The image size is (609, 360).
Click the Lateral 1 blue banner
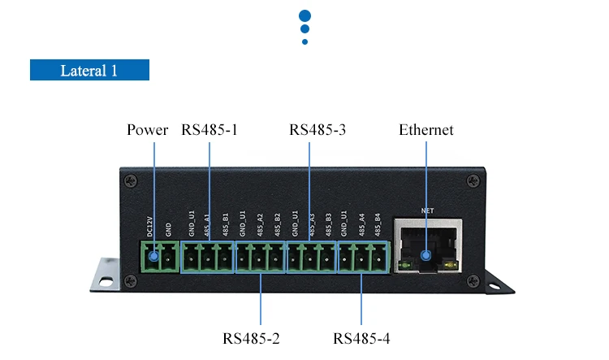(x=89, y=70)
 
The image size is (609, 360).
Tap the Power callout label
(x=148, y=130)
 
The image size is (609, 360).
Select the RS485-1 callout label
(x=209, y=130)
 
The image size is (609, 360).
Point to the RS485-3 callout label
(x=317, y=130)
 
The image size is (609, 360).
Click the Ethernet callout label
(x=426, y=130)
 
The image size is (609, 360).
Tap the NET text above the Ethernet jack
(x=428, y=210)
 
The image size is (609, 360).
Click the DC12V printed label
(x=150, y=226)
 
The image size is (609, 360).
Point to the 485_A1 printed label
(x=209, y=224)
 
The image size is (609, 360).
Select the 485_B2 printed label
(x=278, y=224)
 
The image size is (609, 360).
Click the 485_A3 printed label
(x=312, y=224)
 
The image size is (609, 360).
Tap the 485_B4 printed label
(x=378, y=224)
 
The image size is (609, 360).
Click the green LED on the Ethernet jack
(x=402, y=266)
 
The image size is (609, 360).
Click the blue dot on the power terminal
(x=152, y=258)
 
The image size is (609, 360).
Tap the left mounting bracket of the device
(x=107, y=274)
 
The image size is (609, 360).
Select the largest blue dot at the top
(x=305, y=15)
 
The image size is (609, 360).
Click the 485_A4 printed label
(x=361, y=224)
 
